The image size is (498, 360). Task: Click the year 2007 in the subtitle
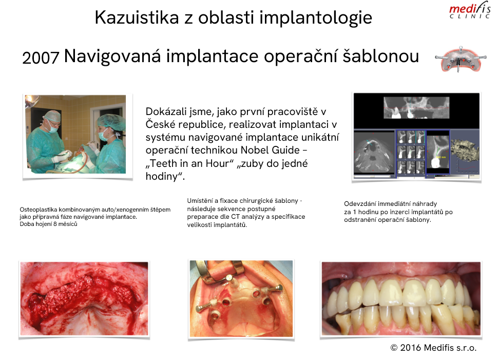click(x=41, y=58)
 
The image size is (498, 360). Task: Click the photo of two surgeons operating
click(x=75, y=134)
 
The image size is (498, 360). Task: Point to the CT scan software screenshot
click(x=416, y=136)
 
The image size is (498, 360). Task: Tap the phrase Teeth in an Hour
click(x=189, y=163)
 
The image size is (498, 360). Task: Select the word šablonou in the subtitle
click(x=381, y=56)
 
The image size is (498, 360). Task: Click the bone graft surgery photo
click(x=84, y=298)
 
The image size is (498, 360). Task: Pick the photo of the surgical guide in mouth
click(x=241, y=298)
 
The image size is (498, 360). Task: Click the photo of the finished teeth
click(x=401, y=298)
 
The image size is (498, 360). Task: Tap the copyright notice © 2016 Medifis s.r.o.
click(x=433, y=348)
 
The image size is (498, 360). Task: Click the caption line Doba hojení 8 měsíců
click(x=49, y=224)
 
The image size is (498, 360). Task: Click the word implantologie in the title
click(x=316, y=18)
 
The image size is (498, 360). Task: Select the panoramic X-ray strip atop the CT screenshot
click(x=416, y=107)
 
